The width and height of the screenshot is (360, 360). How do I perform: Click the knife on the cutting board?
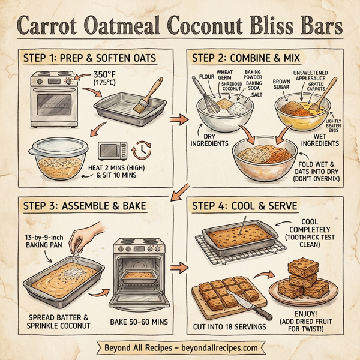(247, 304)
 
